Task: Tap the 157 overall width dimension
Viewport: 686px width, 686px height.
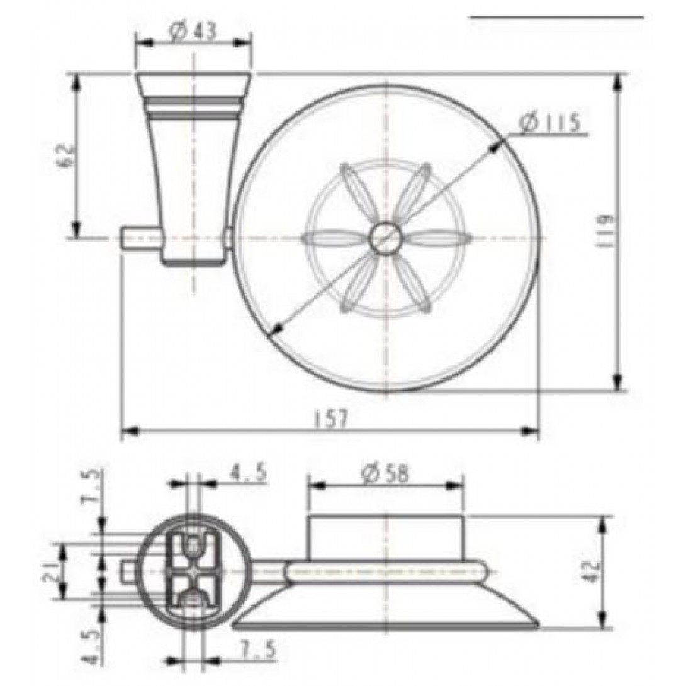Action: [332, 419]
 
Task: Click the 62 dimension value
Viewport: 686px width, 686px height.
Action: [65, 155]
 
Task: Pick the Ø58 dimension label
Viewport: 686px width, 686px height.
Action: [385, 472]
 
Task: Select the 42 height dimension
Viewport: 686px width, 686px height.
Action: [592, 571]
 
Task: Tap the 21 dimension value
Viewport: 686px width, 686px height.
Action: [55, 571]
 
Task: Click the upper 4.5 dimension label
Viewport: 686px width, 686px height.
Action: [247, 471]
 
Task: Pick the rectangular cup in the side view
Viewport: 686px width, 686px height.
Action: [385, 536]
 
